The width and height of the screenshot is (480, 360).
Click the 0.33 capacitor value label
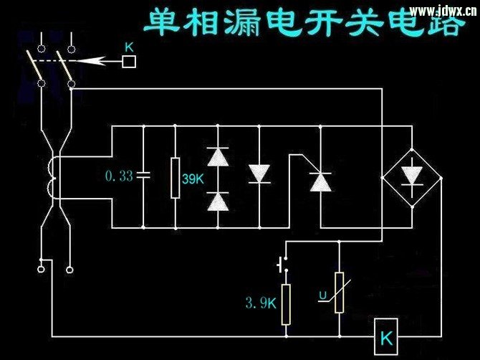(119, 176)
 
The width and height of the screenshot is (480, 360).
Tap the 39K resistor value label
(193, 179)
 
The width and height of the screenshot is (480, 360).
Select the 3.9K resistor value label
(261, 303)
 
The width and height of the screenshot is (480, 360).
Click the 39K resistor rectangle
(175, 178)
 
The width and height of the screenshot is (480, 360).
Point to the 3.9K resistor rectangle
(286, 304)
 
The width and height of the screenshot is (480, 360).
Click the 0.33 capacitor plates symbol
(143, 175)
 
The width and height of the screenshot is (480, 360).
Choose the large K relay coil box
(386, 336)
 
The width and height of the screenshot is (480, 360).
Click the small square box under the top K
(129, 61)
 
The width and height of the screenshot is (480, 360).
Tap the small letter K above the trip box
(129, 47)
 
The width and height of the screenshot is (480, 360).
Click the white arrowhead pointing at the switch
(91, 61)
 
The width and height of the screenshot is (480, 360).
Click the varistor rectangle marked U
(339, 293)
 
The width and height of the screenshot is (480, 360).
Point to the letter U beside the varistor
(323, 295)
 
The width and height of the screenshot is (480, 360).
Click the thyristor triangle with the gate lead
(320, 182)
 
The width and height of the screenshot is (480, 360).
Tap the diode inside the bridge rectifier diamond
(412, 176)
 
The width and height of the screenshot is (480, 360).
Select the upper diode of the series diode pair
(218, 156)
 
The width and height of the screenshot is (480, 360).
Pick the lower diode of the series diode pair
(218, 202)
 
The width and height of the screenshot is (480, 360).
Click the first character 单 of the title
(161, 22)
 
